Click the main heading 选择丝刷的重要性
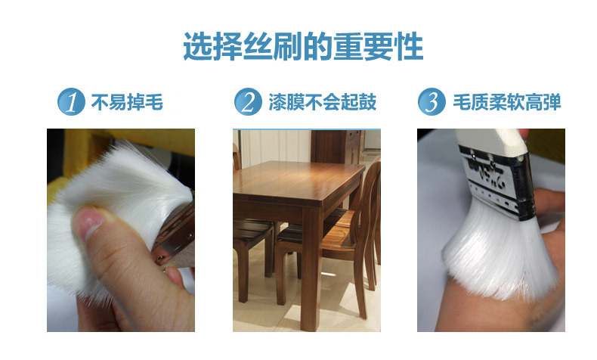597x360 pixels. (303, 46)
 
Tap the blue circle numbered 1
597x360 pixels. (71, 101)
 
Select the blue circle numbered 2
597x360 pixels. (248, 101)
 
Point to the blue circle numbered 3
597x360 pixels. (432, 101)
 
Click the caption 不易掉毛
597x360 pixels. (127, 102)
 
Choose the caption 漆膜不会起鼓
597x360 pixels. (323, 102)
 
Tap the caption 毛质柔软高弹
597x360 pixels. (507, 102)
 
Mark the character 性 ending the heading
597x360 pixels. (410, 46)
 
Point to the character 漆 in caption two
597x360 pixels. (277, 102)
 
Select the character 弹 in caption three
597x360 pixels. (552, 102)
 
